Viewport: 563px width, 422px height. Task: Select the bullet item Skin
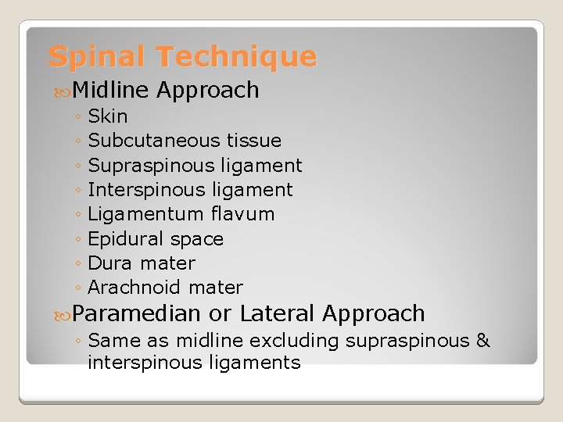click(108, 116)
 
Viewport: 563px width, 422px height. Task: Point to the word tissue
click(254, 141)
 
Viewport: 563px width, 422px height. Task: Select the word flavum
click(242, 214)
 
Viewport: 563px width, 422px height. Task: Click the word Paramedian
click(137, 314)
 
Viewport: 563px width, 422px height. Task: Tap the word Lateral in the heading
click(278, 314)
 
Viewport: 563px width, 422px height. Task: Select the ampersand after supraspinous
click(482, 342)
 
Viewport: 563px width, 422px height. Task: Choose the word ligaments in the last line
click(262, 363)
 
